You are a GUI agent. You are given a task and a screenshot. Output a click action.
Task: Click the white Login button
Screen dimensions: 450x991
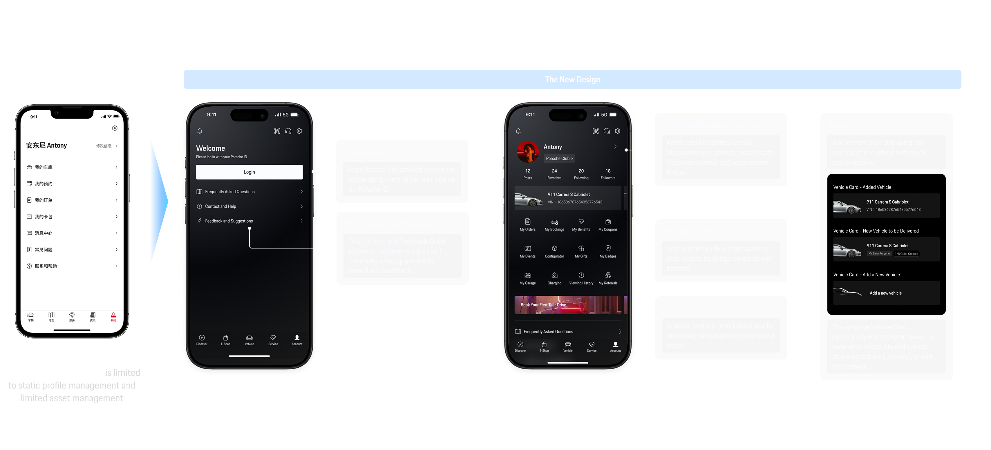coord(249,172)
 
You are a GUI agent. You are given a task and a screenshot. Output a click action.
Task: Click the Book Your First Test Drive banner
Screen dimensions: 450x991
coord(568,305)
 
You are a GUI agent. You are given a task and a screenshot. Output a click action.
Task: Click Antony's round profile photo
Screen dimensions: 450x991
coord(528,152)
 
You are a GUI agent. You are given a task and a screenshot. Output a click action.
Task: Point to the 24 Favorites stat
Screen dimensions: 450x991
coord(554,174)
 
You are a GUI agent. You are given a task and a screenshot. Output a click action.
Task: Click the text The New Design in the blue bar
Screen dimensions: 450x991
coord(572,80)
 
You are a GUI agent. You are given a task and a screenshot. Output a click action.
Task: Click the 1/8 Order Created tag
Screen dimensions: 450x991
coord(906,254)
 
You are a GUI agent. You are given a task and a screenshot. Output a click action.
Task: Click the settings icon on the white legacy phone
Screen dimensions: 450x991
coord(115,128)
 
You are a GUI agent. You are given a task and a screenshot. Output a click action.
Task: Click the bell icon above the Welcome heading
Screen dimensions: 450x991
coord(200,131)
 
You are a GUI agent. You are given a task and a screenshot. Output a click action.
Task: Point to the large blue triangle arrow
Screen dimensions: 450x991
coord(158,201)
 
